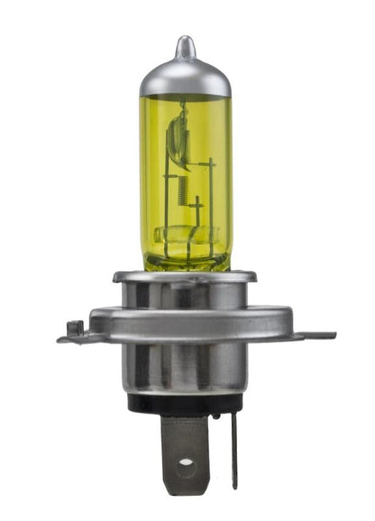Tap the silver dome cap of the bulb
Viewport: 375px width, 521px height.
185,77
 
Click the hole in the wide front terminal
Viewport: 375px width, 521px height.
185,463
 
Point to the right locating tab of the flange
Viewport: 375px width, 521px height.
316,335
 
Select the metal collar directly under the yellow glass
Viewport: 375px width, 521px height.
185,287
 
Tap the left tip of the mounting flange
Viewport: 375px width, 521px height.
61,340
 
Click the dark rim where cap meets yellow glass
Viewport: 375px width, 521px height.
185,96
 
